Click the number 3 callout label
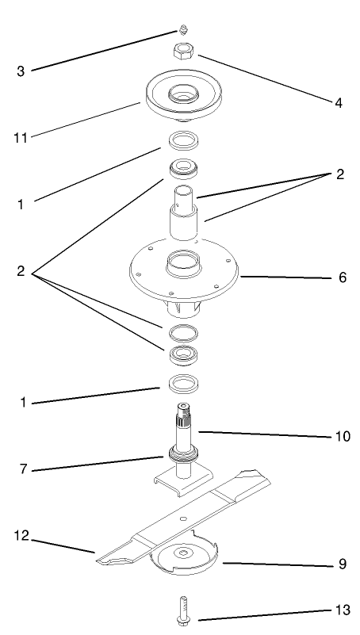(x=21, y=71)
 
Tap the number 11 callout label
(x=21, y=138)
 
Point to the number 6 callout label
(x=342, y=278)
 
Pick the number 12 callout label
(x=21, y=537)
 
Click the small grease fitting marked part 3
(x=182, y=31)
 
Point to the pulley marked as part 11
(x=183, y=96)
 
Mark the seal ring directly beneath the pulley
(x=183, y=143)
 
